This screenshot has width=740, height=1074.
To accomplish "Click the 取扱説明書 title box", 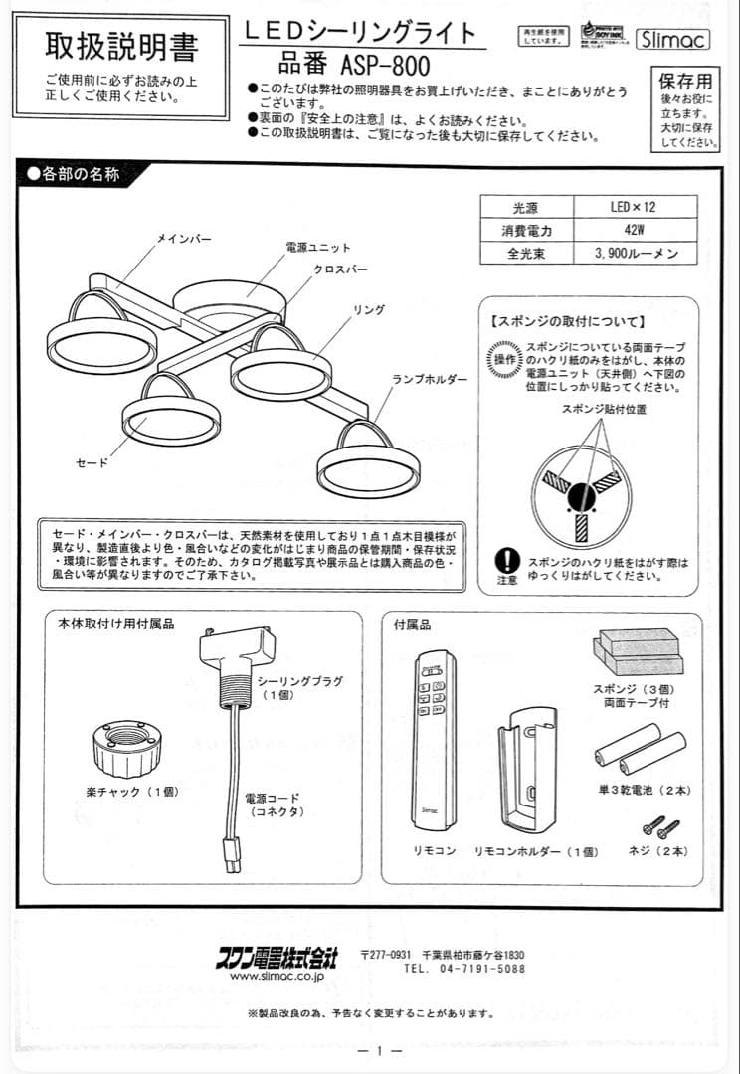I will coord(121,46).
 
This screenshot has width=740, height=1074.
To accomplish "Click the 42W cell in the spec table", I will coord(633,230).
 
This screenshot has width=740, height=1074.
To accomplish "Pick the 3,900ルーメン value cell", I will coord(633,253).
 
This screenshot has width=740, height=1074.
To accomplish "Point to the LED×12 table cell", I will coord(633,208).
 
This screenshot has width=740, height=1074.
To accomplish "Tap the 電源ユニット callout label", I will coord(317,247).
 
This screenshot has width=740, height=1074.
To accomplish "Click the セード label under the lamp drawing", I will coord(92,462).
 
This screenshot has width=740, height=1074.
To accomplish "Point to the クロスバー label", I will coord(340,269).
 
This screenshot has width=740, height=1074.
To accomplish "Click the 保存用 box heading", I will coord(685,81).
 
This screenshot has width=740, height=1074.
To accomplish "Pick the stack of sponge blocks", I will coord(639,651).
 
